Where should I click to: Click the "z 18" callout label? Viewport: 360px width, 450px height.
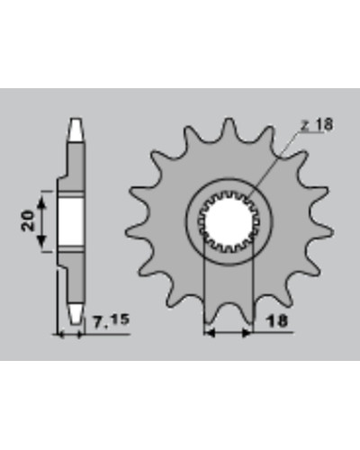(x=317, y=124)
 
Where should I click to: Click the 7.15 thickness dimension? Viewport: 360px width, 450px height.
(x=111, y=320)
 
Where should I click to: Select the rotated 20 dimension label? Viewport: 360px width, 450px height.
(x=28, y=220)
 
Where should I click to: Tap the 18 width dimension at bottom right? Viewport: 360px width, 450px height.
(x=276, y=321)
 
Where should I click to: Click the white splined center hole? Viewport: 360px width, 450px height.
(x=229, y=221)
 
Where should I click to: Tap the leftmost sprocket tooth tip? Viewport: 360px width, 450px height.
(x=127, y=232)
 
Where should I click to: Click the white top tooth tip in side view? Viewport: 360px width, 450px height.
(x=76, y=130)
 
